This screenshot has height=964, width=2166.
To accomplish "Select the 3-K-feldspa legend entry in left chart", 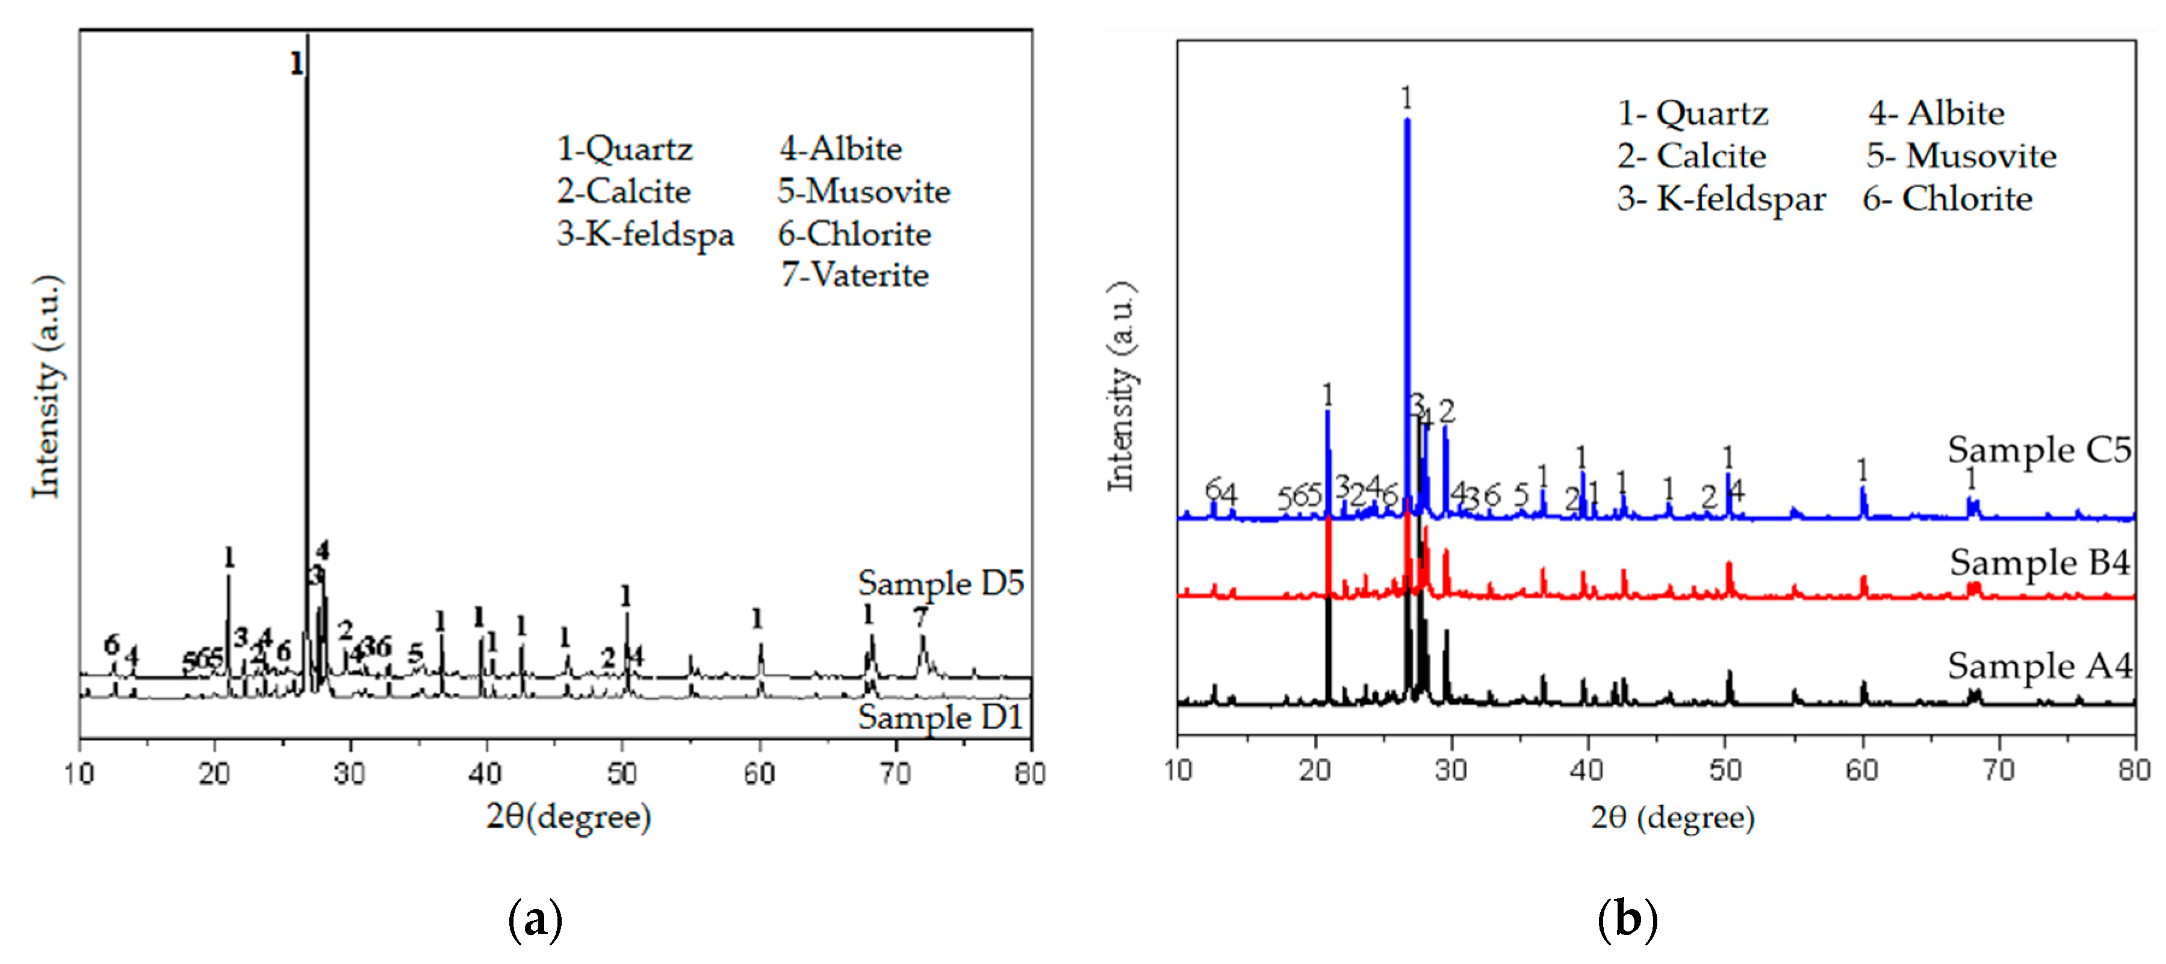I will tap(645, 234).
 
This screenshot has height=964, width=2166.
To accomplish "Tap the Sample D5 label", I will tap(940, 582).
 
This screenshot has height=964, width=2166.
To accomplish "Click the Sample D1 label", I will tap(940, 717).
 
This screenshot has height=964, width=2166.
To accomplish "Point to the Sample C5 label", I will tap(2039, 450).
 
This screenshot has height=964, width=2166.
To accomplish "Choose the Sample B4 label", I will tap(2039, 562).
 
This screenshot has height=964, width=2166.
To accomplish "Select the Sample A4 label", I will tap(2039, 665).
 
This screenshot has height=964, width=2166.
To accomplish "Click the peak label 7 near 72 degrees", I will tap(920, 617).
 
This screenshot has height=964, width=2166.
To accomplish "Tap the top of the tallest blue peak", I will tap(1407, 120).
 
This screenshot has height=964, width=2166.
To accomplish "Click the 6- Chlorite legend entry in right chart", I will tap(1947, 199).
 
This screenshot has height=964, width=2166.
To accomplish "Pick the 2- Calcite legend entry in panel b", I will tap(1691, 155).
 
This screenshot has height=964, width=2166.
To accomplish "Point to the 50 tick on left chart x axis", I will tap(622, 772).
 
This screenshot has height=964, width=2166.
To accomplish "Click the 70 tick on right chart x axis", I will tap(1999, 770).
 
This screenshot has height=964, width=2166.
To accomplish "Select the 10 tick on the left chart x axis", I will tap(80, 772).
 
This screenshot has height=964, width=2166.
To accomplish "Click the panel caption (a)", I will tap(536, 919).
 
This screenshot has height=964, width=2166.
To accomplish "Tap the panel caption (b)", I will tap(1627, 919).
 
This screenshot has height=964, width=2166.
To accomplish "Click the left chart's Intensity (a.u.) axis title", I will tap(46, 387).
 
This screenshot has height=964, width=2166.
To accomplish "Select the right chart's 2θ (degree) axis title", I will tap(1672, 817).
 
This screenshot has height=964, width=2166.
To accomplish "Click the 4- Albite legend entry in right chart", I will tap(1937, 113).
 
